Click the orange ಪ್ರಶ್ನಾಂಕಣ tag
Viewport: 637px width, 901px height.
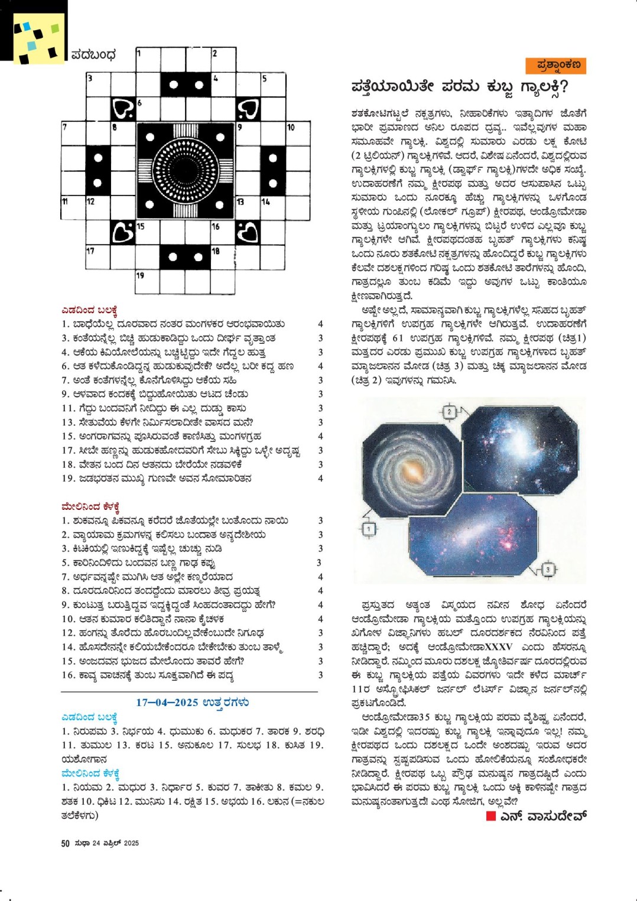coord(555,64)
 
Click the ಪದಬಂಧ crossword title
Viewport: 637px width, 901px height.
coord(93,55)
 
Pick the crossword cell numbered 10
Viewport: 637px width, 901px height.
coord(298,135)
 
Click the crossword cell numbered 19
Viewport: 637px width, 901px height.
coord(148,282)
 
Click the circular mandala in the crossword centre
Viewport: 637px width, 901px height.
coord(185,171)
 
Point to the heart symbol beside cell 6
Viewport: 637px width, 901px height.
coord(123,109)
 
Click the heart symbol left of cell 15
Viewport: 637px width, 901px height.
coord(123,233)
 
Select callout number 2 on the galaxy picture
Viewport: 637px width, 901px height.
coord(450,412)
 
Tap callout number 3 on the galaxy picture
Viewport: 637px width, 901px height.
coord(548,569)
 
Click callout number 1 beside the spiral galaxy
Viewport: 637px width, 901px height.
coord(369,529)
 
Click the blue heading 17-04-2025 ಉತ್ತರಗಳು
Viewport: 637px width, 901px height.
coord(192,702)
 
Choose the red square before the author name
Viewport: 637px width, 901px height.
coord(490,816)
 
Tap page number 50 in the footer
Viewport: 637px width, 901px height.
coord(66,843)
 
